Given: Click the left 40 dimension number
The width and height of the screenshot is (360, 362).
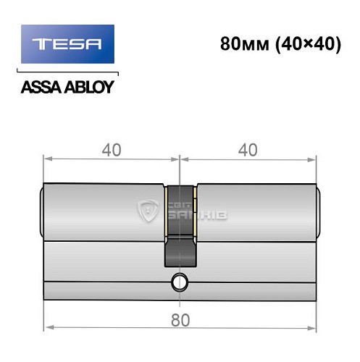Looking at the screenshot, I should tap(111, 150).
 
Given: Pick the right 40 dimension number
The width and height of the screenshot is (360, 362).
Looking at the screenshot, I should tap(247, 150).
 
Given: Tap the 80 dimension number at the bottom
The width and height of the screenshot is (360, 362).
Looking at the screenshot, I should tap(179, 316).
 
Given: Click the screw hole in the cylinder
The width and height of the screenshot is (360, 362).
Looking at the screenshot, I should tap(178, 282).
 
